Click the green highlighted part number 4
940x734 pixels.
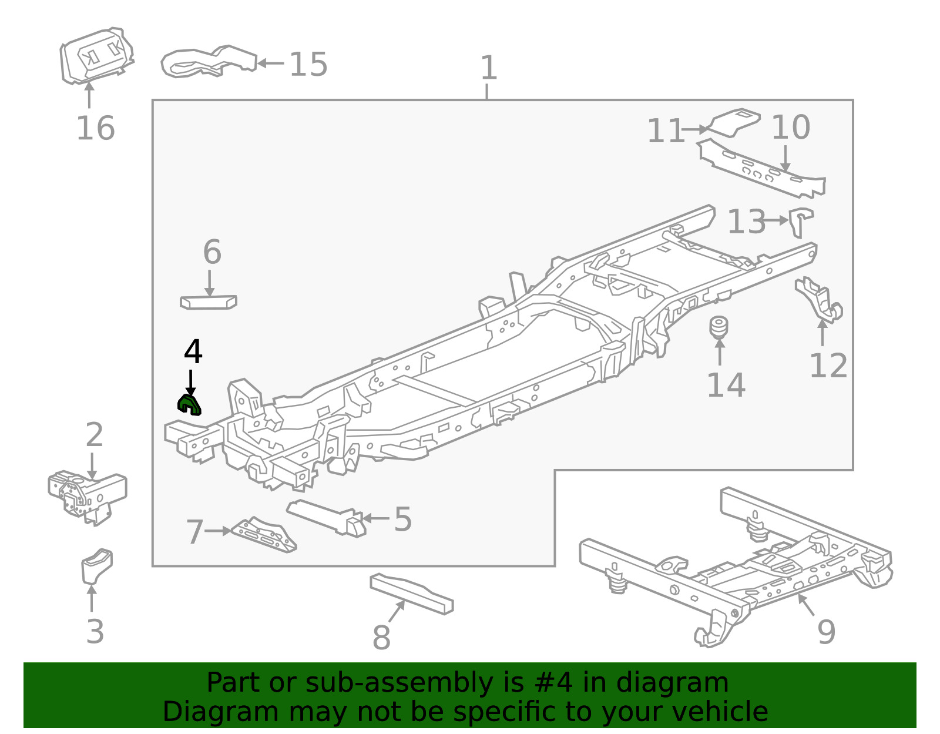(x=189, y=404)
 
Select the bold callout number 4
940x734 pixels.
(x=193, y=352)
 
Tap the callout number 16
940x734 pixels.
(x=95, y=128)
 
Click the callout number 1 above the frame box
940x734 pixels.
(x=488, y=68)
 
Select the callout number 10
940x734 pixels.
(x=790, y=128)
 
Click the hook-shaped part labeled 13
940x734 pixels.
(x=800, y=221)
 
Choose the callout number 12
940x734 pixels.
(x=828, y=366)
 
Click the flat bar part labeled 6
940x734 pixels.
(x=208, y=302)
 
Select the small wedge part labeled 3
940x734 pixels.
(x=96, y=565)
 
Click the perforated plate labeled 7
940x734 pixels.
(x=264, y=535)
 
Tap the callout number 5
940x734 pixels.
(x=402, y=519)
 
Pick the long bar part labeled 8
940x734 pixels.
(x=411, y=594)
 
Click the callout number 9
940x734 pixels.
(x=826, y=632)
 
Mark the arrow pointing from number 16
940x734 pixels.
(x=89, y=96)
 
